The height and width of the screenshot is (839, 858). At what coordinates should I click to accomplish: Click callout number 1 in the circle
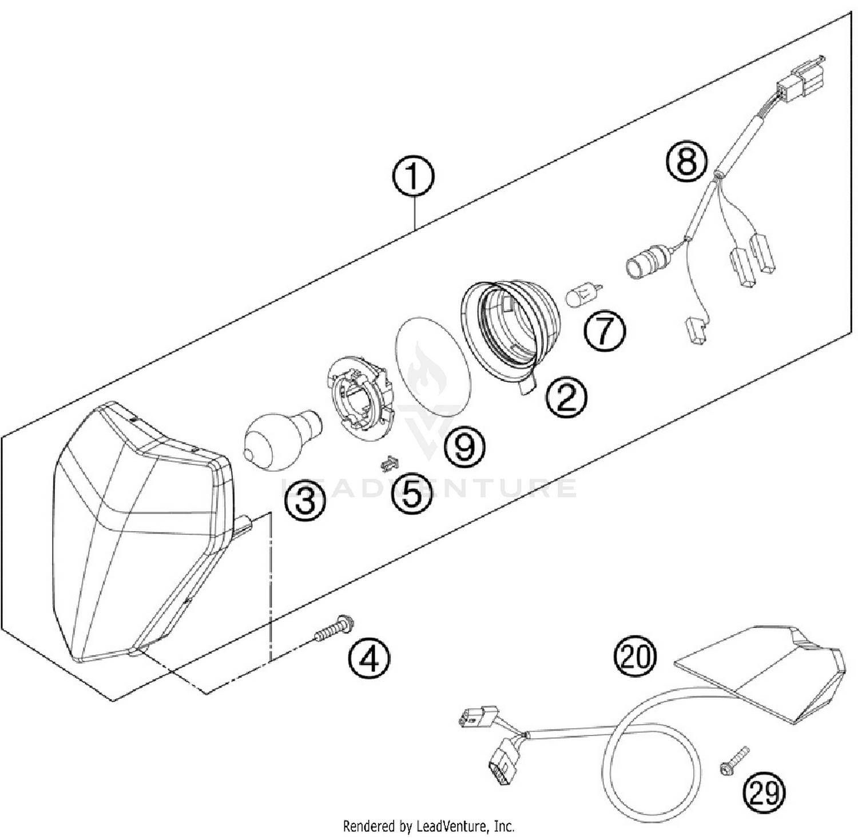(x=413, y=178)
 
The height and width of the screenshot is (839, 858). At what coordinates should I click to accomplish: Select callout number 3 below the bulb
(x=306, y=501)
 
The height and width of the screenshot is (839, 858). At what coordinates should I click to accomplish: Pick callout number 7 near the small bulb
(x=605, y=330)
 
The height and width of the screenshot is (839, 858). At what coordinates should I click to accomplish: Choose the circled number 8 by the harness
(x=686, y=160)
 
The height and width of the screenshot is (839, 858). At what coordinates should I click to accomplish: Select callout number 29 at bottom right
(x=764, y=793)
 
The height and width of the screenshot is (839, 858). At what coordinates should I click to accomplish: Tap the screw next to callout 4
(x=333, y=630)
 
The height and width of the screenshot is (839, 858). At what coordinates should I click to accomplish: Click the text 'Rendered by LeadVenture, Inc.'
(x=428, y=826)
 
